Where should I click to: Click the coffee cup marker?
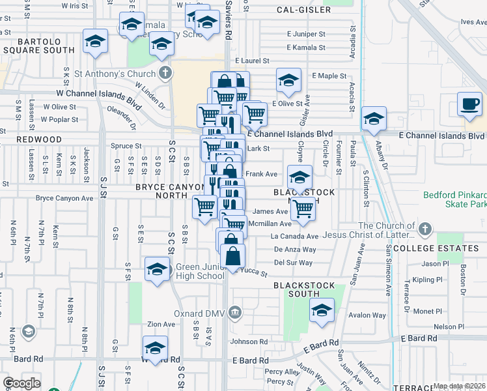pyautogui.click(x=469, y=104)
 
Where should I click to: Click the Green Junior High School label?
pyautogui.click(x=201, y=271)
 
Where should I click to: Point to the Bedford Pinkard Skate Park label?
pyautogui.click(x=454, y=199)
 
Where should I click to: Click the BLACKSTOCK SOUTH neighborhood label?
pyautogui.click(x=304, y=291)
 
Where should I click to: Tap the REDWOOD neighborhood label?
pyautogui.click(x=31, y=139)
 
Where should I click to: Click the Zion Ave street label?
pyautogui.click(x=161, y=324)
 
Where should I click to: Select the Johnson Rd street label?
pyautogui.click(x=249, y=341)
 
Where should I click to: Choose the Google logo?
pyautogui.click(x=21, y=383)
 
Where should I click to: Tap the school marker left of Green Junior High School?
pyautogui.click(x=157, y=269)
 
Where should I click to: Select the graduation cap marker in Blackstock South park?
pyautogui.click(x=321, y=310)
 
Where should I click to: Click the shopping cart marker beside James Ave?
pyautogui.click(x=303, y=209)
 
